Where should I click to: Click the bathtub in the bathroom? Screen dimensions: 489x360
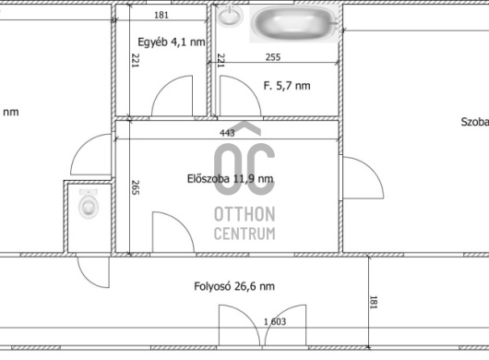pyautogui.click(x=293, y=24)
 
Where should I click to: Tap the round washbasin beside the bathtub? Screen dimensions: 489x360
pyautogui.click(x=230, y=16)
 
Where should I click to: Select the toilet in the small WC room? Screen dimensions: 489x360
pyautogui.click(x=89, y=203)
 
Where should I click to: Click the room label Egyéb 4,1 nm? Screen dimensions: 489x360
pyautogui.click(x=172, y=42)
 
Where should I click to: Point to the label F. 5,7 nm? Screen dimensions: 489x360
pyautogui.click(x=287, y=86)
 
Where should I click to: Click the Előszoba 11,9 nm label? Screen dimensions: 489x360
pyautogui.click(x=230, y=179)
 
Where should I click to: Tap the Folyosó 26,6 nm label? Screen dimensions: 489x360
pyautogui.click(x=234, y=286)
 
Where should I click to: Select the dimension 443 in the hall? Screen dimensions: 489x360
pyautogui.click(x=227, y=133)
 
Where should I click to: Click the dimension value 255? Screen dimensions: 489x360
pyautogui.click(x=273, y=57)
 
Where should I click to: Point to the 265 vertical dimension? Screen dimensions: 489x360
pyautogui.click(x=136, y=187)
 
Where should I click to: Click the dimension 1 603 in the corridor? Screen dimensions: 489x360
pyautogui.click(x=275, y=321)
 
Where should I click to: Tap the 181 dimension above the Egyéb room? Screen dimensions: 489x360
pyautogui.click(x=161, y=15)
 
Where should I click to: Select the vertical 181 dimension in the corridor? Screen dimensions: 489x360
pyautogui.click(x=373, y=302)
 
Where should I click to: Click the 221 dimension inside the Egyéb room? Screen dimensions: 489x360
pyautogui.click(x=136, y=60)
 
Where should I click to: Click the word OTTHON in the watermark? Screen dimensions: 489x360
pyautogui.click(x=244, y=214)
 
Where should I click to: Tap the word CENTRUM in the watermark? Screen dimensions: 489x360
pyautogui.click(x=244, y=234)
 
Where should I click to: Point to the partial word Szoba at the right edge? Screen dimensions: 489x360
pyautogui.click(x=474, y=122)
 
